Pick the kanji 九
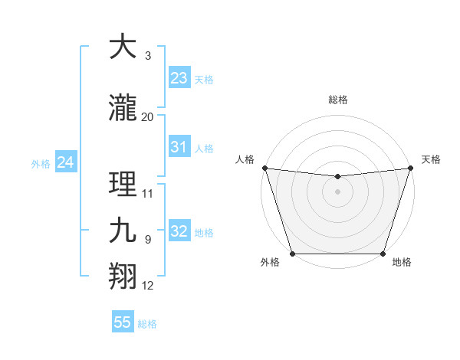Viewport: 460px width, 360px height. point(123,231)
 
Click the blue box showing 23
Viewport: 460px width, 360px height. point(179,78)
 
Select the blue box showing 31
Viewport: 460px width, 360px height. point(179,147)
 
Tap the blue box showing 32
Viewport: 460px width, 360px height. point(179,231)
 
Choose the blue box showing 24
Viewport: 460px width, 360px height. point(66,162)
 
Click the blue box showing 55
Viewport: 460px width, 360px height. point(123,322)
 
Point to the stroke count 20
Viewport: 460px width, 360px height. point(148,117)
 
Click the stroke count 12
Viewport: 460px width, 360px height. point(148,286)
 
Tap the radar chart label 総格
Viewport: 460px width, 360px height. point(337,100)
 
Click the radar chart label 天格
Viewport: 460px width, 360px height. point(431,159)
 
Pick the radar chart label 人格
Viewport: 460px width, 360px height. point(245,159)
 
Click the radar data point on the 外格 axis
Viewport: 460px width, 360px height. point(292,254)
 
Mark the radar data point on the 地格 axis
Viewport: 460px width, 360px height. point(383,254)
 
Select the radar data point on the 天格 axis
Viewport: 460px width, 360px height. point(410,168)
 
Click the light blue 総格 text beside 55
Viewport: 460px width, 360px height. point(147,324)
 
